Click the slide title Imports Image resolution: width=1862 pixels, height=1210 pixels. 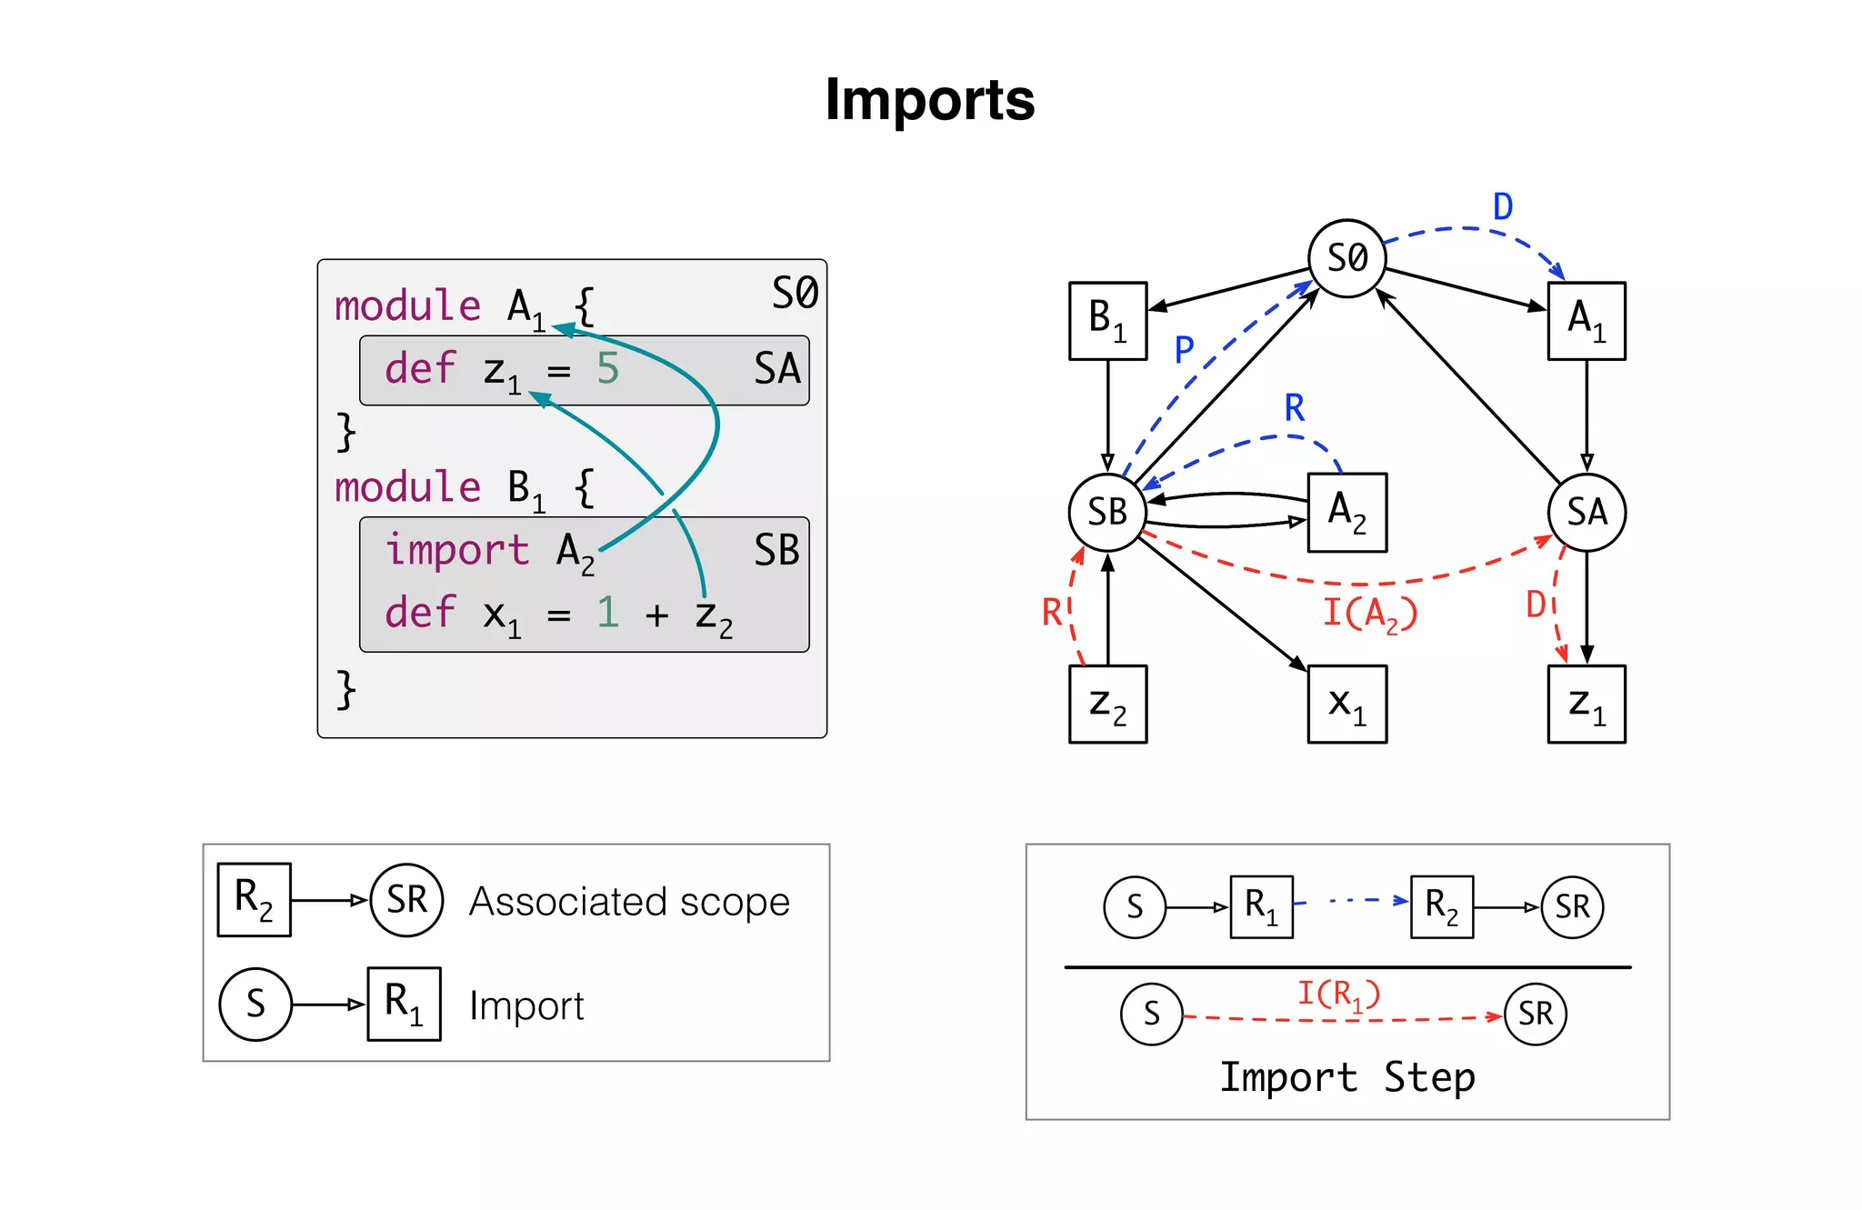coord(929,99)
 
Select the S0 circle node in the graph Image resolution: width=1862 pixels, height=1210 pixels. coord(1346,258)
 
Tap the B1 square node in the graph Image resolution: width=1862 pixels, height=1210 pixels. coord(1107,320)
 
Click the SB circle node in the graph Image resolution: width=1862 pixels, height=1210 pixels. coord(1106,512)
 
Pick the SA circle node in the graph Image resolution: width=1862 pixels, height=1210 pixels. coord(1587,512)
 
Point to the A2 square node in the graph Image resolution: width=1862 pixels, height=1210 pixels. coord(1346,512)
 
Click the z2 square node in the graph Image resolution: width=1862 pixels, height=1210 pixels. coord(1107,704)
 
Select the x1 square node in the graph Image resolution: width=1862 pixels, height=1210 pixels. coord(1346,704)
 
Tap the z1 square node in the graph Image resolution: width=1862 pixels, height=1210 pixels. coord(1587,704)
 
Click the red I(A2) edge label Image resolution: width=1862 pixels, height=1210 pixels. coord(1369,613)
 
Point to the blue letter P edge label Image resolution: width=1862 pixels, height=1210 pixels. coord(1183,350)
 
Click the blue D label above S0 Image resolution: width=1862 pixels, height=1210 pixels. coord(1502,207)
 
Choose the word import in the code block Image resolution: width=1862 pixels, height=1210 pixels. coord(456,550)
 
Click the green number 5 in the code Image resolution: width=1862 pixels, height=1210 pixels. coord(607,369)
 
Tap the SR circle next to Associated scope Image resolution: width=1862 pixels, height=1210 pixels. coord(406,900)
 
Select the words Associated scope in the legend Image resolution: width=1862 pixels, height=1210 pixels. coord(629,902)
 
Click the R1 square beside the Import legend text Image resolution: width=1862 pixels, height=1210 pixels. coord(404,1004)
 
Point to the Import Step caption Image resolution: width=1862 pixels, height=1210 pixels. coord(1346,1077)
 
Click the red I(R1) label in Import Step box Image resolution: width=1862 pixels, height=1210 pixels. coord(1337,994)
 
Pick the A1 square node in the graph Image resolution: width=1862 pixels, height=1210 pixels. coord(1587,320)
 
